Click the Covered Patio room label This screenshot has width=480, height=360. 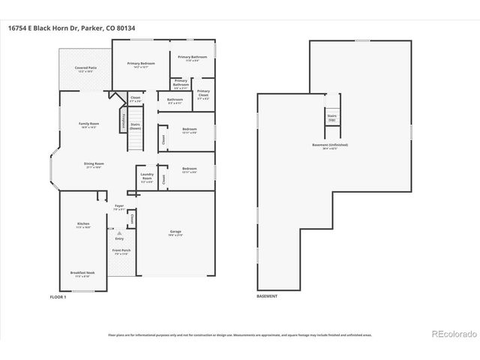point(83,69)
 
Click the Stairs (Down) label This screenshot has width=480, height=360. point(136,127)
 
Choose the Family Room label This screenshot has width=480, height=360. point(88,124)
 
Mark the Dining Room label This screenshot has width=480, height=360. point(94,165)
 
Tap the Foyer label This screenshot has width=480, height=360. point(119,206)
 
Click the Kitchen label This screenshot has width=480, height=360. point(83,225)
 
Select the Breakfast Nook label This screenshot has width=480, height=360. point(82,274)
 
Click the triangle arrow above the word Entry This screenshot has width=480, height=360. point(118,233)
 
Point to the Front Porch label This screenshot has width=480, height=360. point(121,253)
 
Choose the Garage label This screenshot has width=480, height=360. point(175,232)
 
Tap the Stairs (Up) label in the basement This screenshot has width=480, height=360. point(331,117)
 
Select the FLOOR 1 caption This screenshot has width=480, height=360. point(58,297)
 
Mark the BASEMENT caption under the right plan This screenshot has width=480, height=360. point(267,297)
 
